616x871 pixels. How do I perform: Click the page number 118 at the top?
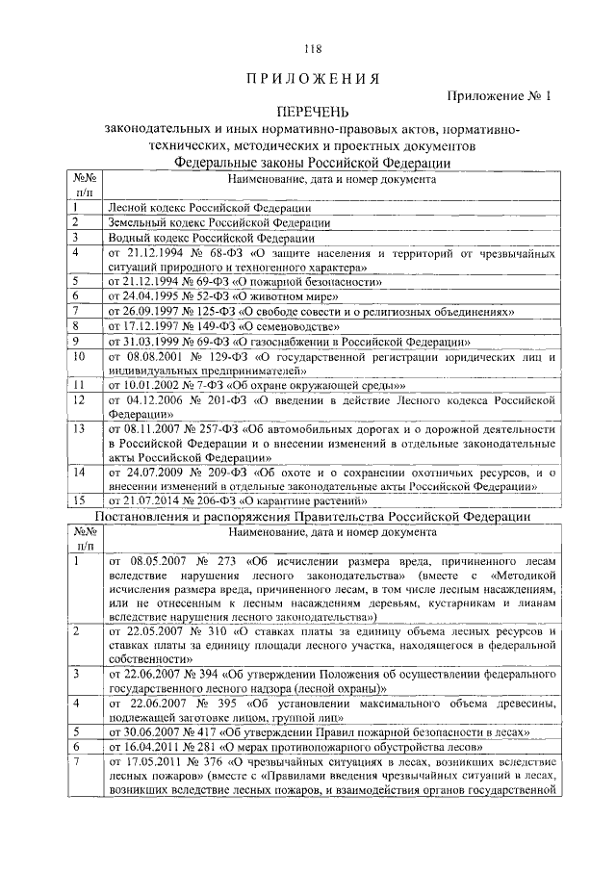[312, 50]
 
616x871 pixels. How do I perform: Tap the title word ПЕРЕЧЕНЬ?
[311, 114]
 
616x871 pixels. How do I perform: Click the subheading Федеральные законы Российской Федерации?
[311, 163]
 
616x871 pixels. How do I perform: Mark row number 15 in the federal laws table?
[81, 500]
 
